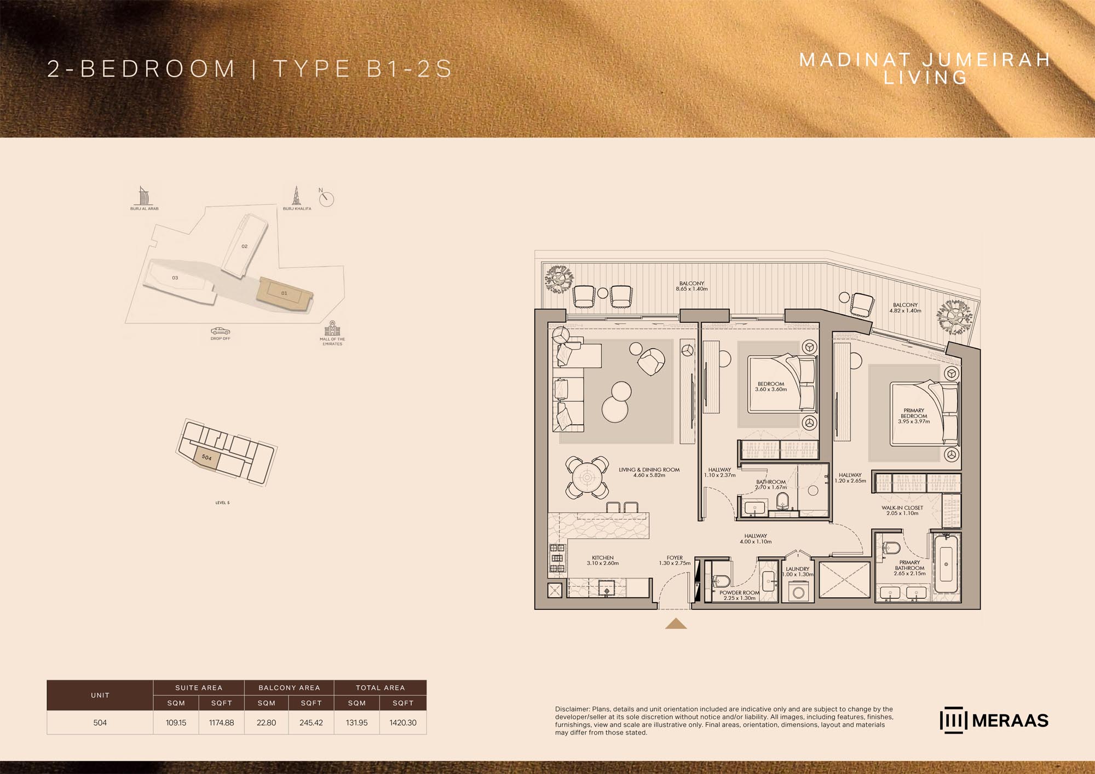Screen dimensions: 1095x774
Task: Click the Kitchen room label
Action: (603, 561)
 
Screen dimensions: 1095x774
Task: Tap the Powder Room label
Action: (739, 596)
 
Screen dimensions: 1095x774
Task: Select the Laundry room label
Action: (798, 571)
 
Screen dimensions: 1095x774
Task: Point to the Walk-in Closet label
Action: (902, 510)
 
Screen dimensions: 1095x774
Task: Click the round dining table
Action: (587, 477)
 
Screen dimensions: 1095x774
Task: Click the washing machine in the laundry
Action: (798, 592)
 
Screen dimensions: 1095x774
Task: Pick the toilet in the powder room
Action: (721, 581)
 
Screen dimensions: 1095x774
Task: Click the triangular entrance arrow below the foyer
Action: (676, 623)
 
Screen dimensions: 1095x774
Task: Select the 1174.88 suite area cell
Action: (221, 723)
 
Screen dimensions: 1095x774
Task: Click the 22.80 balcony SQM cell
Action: (266, 723)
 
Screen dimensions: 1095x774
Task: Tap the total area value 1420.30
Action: (403, 723)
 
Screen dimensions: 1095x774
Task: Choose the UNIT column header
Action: (100, 695)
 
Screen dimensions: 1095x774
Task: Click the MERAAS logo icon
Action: (954, 720)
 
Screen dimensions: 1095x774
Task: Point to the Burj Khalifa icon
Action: (296, 195)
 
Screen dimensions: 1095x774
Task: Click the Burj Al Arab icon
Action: (143, 195)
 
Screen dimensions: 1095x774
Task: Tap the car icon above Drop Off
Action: (220, 331)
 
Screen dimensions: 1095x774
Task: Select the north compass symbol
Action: (326, 198)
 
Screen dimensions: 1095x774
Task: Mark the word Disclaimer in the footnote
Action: (572, 709)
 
